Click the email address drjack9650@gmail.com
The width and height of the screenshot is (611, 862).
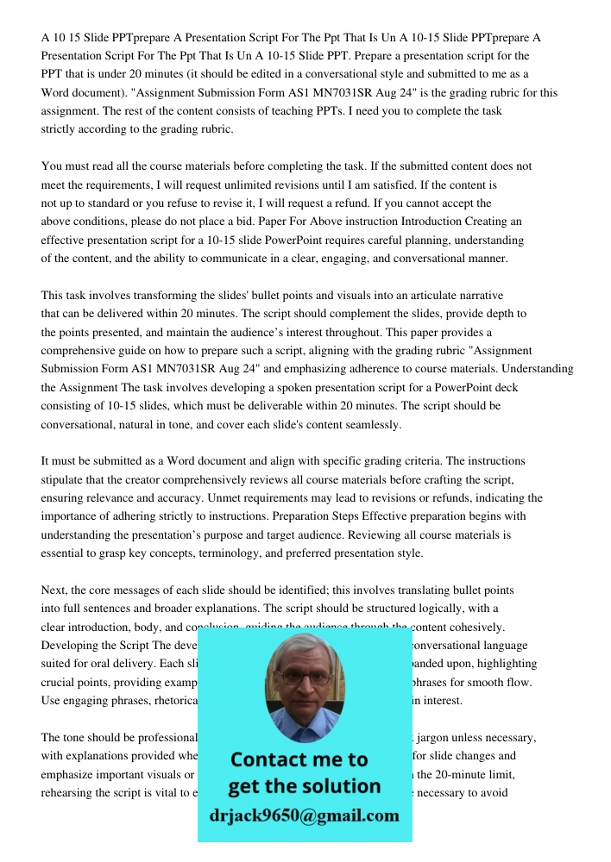pyautogui.click(x=304, y=815)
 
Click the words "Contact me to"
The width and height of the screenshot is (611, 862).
pyautogui.click(x=299, y=759)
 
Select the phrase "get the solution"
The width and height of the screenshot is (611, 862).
pyautogui.click(x=304, y=786)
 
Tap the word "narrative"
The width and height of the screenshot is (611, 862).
pyautogui.click(x=474, y=296)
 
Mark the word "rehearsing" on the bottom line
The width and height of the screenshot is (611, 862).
pyautogui.click(x=67, y=792)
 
